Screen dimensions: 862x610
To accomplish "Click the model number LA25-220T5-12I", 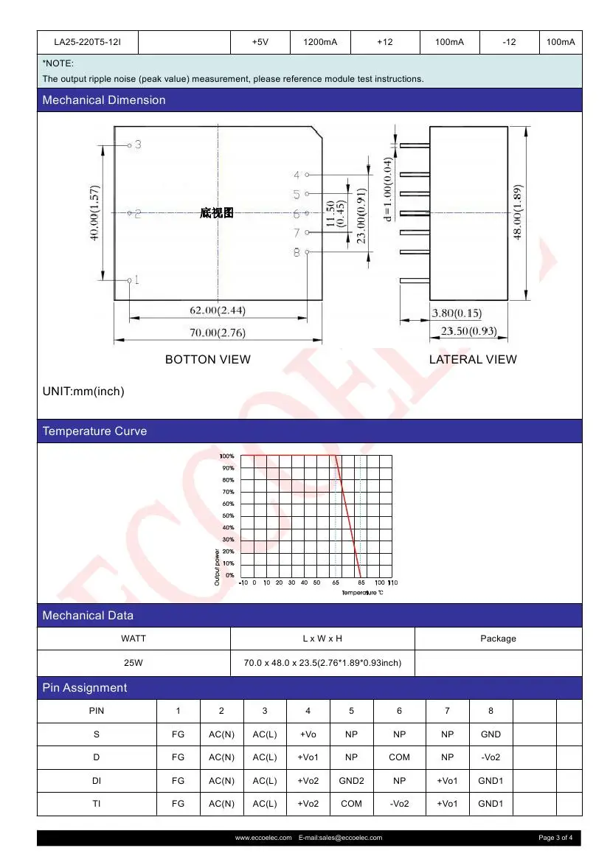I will pos(87,43).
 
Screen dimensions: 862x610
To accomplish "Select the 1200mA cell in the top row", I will pos(320,43).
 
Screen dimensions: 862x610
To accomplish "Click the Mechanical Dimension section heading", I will pos(104,100).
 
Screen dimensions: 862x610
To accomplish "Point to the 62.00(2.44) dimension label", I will pos(218,307).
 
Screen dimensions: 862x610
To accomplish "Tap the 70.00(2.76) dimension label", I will pos(218,333).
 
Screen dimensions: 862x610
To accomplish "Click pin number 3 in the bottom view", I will pos(137,145).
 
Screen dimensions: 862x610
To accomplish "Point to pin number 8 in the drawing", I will pos(297,252).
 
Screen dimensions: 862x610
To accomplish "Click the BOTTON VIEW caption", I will pos(207,360).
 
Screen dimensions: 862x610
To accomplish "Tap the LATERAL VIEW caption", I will pos(473,360).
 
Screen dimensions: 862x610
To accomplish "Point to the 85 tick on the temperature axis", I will pos(360,583).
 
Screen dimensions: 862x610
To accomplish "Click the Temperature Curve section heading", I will pos(94,431).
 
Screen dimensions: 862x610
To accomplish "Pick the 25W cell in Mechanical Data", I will pos(134,663).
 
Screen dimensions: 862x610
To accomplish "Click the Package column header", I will pos(498,639).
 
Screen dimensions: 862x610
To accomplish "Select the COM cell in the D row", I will pos(399,757).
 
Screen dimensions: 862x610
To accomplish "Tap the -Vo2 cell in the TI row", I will pos(399,804).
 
